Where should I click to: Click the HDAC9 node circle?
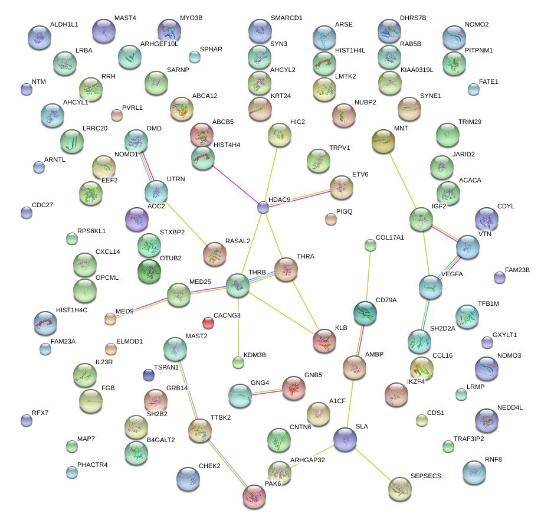[263, 207]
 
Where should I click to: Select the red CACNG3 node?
[208, 322]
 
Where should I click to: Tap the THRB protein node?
[238, 285]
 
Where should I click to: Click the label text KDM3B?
[255, 355]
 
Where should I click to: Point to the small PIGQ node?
[330, 220]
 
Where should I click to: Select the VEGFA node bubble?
[431, 286]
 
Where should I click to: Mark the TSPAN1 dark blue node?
[149, 374]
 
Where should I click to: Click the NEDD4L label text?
[511, 408]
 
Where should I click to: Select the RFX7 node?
[26, 420]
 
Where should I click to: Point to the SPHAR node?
[194, 57]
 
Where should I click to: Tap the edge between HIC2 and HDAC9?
[271, 171]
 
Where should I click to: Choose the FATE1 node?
[473, 89]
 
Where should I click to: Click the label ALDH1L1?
[64, 24]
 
